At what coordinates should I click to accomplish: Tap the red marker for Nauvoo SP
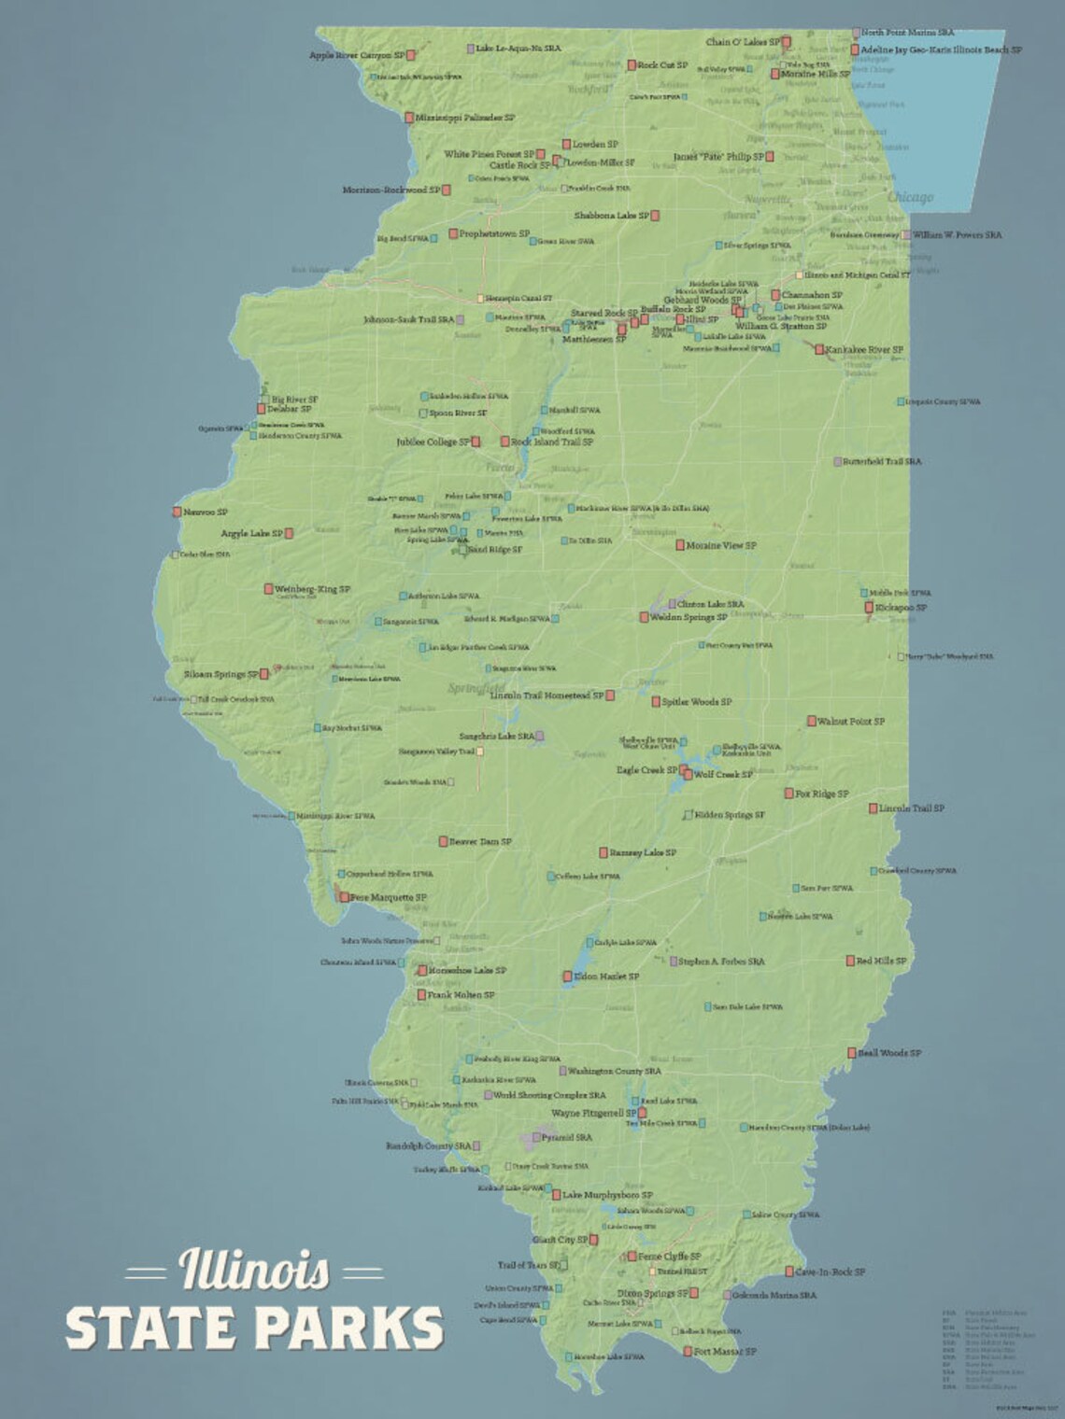point(177,512)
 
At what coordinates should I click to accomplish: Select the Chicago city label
point(910,197)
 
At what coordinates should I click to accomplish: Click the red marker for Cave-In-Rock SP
point(789,1271)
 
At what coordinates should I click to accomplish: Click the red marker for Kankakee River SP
point(819,350)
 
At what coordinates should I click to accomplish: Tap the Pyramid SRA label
point(566,1138)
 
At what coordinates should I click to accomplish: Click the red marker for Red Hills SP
point(850,961)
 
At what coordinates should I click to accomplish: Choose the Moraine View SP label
point(721,545)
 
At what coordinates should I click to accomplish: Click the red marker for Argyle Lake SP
point(290,533)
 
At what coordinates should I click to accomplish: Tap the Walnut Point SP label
point(851,722)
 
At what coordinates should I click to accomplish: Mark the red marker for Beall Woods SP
point(853,1054)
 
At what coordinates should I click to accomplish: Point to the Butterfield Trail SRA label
point(882,461)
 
